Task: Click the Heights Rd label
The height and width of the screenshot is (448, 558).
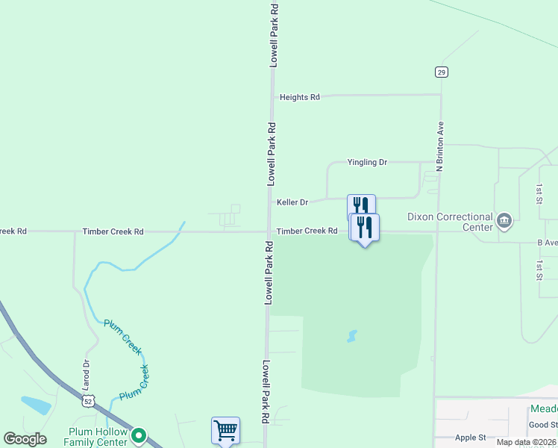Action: pos(299,97)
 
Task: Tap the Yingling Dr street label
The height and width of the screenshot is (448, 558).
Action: pos(367,162)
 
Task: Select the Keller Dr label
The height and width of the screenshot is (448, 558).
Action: pos(292,202)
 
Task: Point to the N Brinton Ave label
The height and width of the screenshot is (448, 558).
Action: pos(440,147)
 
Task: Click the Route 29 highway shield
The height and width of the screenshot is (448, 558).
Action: pos(442,72)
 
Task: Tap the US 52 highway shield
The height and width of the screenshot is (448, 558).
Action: pos(89,402)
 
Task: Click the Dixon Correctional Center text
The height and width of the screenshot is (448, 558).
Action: pos(450,222)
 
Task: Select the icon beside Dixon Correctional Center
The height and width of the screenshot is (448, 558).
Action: pos(504,220)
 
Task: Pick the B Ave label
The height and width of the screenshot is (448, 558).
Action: pos(547,243)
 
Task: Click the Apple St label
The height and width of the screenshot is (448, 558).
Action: pos(470,438)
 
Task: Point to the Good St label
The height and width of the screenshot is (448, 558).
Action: pos(542,425)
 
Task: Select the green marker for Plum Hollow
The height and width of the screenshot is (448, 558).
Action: pos(138,435)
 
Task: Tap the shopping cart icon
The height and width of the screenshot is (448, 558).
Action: pos(225,430)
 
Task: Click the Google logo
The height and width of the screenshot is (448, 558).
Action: pos(25,439)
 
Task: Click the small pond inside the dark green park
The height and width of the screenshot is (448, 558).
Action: pos(352,336)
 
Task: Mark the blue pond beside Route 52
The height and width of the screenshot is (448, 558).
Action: pos(36,405)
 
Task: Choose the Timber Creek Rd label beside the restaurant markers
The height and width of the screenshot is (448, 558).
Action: pos(307,231)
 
